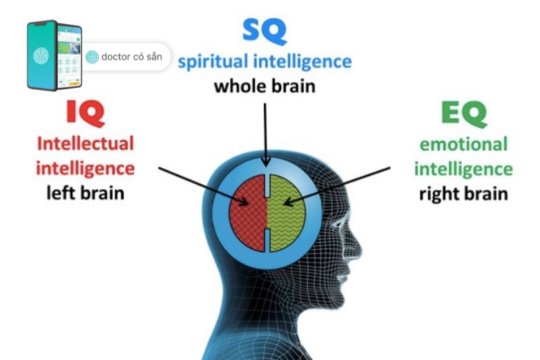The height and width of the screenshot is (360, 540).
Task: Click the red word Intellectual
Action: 85,143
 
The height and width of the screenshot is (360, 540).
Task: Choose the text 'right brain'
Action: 463,194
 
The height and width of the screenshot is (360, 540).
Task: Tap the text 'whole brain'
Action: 265,86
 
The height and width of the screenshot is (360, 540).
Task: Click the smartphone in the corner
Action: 54,55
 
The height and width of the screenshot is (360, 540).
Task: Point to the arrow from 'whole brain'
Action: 266,132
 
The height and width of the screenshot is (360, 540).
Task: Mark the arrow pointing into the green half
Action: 337,183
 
